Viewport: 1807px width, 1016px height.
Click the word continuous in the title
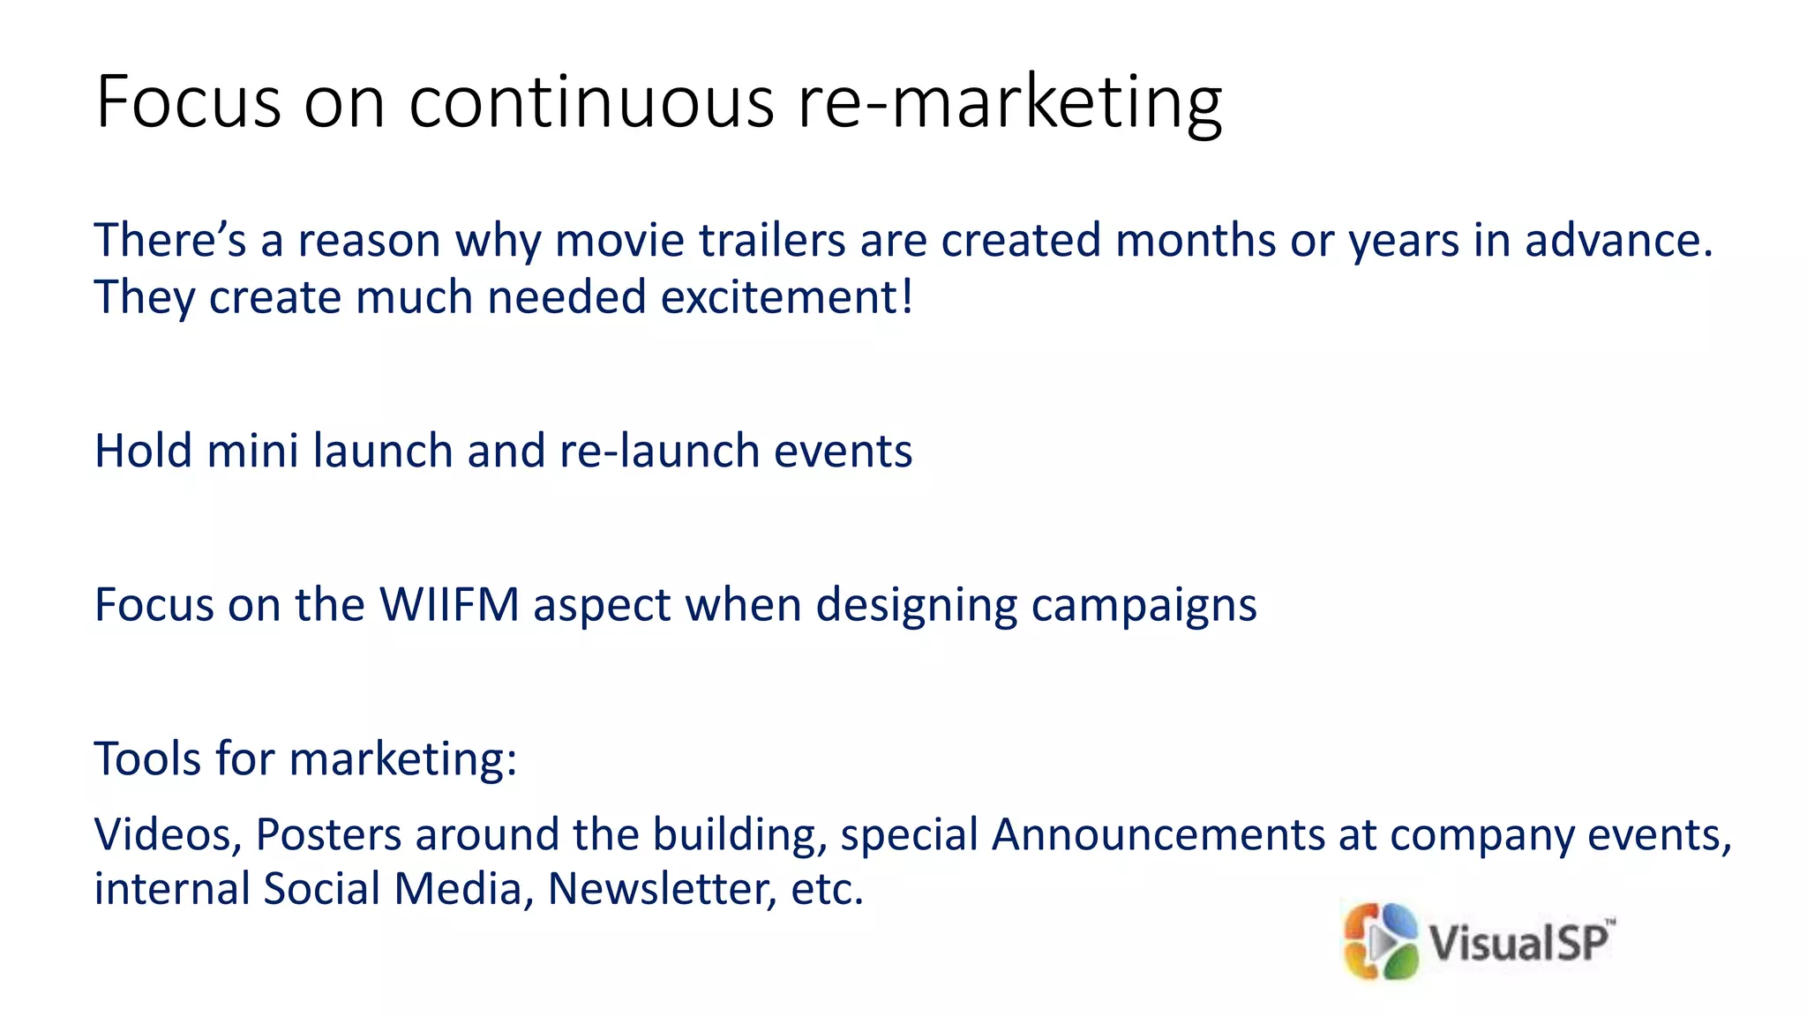click(591, 102)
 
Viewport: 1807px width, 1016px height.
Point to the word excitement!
click(787, 297)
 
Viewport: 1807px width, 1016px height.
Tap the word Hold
click(144, 452)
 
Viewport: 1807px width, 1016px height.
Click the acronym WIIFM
click(449, 606)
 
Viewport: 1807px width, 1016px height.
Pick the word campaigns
click(1143, 606)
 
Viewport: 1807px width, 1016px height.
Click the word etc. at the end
click(827, 889)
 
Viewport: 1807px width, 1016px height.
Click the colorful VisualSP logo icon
click(1380, 941)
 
